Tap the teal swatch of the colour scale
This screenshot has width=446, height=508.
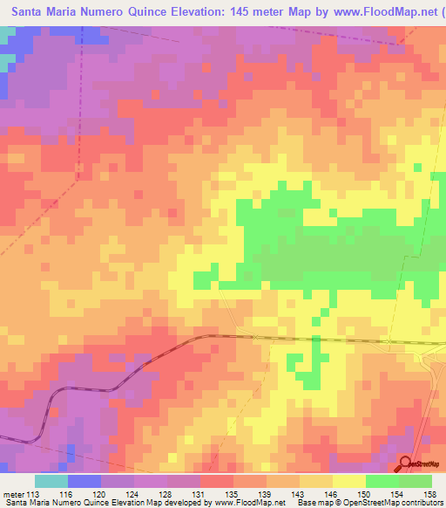(x=51, y=481)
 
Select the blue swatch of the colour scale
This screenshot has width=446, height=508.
(x=84, y=481)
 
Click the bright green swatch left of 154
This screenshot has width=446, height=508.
(x=382, y=481)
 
